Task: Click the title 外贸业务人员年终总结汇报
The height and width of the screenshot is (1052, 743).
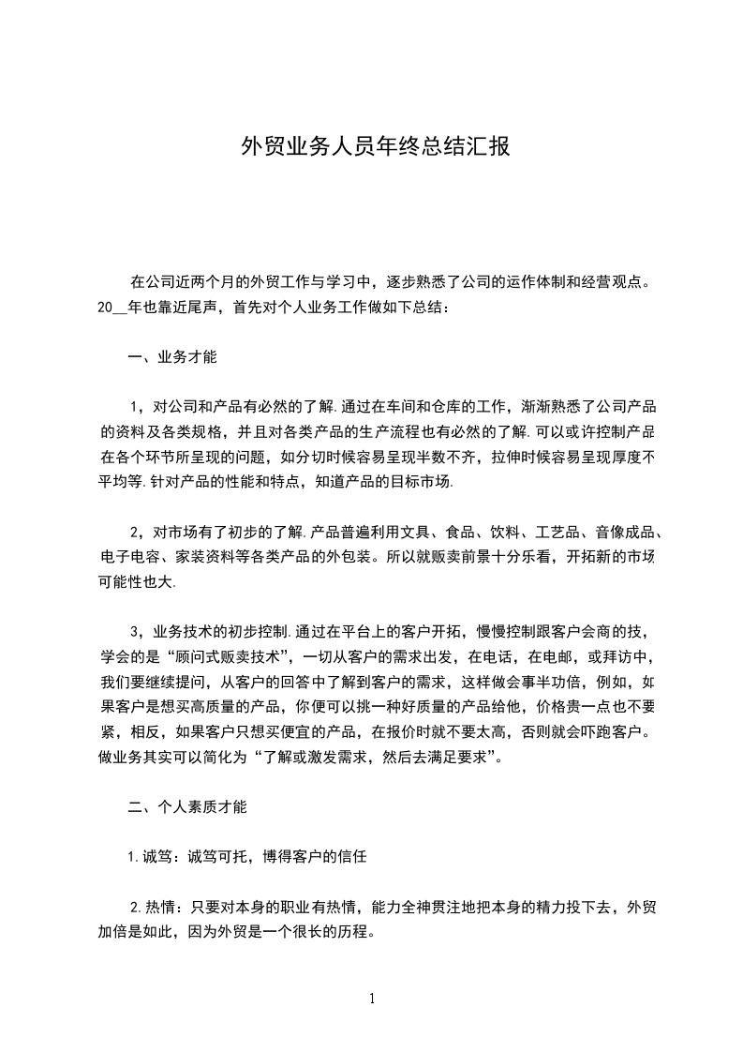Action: click(x=375, y=146)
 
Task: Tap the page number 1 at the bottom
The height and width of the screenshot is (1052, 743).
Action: click(x=373, y=998)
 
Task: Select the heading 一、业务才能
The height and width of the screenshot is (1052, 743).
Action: click(x=172, y=357)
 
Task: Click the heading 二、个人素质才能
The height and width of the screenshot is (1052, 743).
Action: click(x=187, y=805)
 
